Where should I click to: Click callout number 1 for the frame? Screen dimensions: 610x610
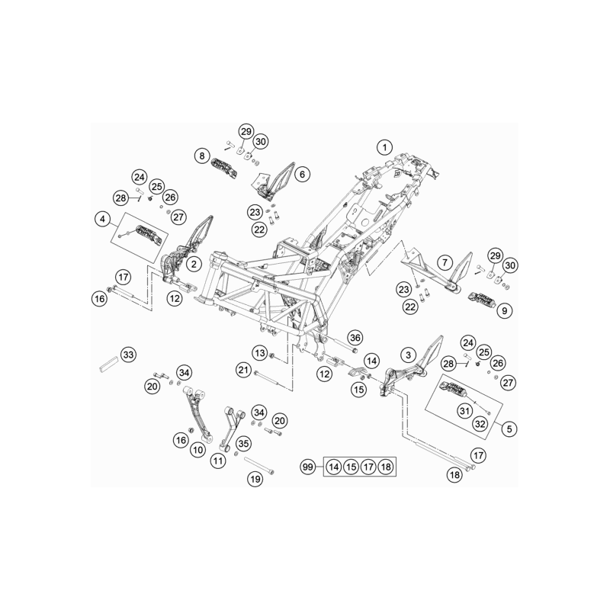(x=385, y=147)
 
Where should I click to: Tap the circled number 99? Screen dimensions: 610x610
(x=308, y=467)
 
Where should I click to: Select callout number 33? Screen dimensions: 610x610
(x=128, y=355)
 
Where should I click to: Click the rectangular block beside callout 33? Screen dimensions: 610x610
(x=108, y=364)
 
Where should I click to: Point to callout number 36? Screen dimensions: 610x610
(x=355, y=338)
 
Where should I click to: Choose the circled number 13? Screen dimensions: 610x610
(x=260, y=353)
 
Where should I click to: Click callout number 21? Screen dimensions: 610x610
(x=243, y=370)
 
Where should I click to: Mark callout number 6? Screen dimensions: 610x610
(x=302, y=175)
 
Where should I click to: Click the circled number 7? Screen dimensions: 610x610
(x=445, y=262)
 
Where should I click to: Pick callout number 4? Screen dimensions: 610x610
(x=102, y=219)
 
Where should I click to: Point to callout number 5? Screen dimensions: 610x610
(x=509, y=429)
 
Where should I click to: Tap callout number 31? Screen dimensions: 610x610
(x=465, y=410)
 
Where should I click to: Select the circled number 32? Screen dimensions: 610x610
(x=480, y=424)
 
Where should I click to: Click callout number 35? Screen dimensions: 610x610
(x=243, y=443)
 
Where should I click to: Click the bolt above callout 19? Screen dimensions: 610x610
(x=258, y=465)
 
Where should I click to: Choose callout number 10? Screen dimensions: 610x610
(x=198, y=450)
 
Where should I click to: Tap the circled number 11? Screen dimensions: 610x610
(x=218, y=461)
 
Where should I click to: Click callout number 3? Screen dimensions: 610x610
(x=408, y=355)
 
